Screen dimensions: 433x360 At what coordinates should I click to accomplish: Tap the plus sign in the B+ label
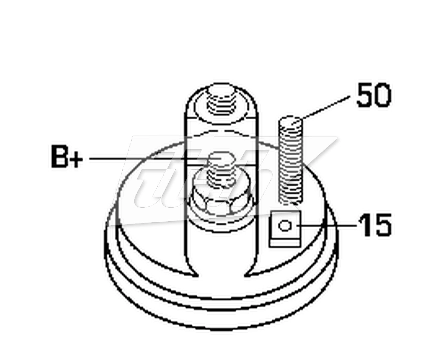pyautogui.click(x=77, y=159)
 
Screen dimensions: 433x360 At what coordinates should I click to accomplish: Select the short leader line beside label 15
pyautogui.click(x=327, y=225)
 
